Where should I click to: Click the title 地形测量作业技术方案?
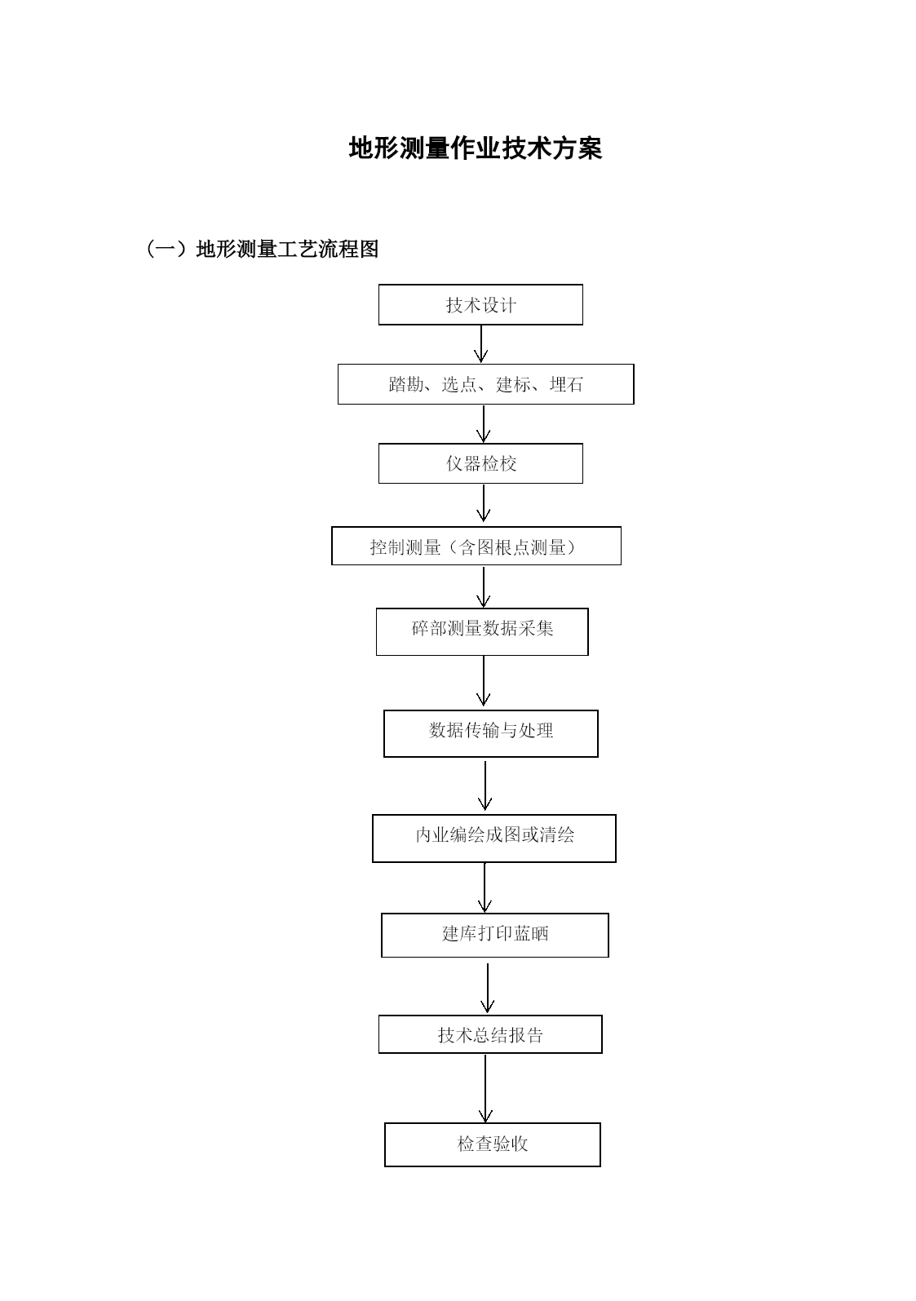475,148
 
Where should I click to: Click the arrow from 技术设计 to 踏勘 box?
481,344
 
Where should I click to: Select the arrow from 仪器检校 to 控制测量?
483,503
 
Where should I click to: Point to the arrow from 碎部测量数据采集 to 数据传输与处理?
483,681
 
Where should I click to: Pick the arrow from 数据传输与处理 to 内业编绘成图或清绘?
485,785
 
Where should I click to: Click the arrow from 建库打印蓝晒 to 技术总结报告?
487,988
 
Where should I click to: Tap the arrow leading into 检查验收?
485,1088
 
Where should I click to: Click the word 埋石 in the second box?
566,384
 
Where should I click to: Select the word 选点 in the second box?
459,384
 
